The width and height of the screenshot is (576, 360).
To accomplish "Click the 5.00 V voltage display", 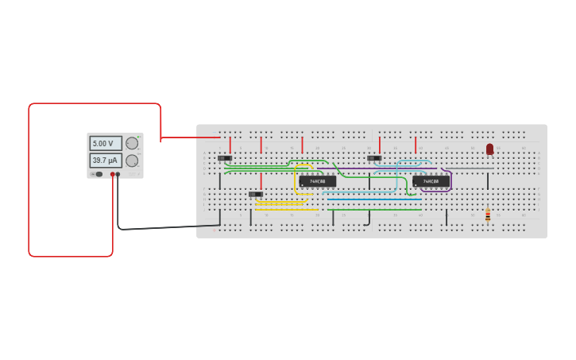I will (105, 144).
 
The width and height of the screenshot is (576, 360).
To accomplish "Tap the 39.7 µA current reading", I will (105, 161).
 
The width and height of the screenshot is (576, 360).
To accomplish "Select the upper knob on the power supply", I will (132, 144).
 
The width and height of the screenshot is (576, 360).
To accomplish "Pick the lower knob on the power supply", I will (132, 161).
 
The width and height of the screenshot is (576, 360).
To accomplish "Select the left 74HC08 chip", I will (318, 181).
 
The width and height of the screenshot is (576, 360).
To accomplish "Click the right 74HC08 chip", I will (431, 181).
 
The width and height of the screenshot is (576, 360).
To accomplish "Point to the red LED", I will (489, 149).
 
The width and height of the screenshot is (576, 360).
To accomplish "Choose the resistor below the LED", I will (488, 215).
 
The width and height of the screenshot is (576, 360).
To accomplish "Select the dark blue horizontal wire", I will (373, 199).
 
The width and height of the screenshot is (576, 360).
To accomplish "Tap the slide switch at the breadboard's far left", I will (225, 158).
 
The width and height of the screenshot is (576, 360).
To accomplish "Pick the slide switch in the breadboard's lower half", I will (255, 194).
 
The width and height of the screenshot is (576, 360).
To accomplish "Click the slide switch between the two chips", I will (374, 158).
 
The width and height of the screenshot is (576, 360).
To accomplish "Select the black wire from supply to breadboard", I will (159, 228).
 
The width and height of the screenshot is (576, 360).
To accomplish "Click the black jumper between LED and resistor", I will (488, 181).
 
